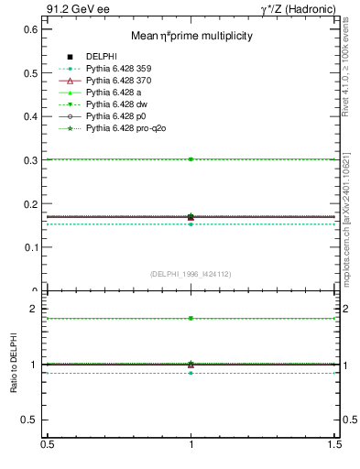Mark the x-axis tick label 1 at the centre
pyautogui.click(x=191, y=443)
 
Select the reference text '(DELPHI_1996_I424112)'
pyautogui.click(x=191, y=274)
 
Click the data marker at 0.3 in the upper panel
pyautogui.click(x=191, y=159)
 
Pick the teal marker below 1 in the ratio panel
pyautogui.click(x=191, y=373)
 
